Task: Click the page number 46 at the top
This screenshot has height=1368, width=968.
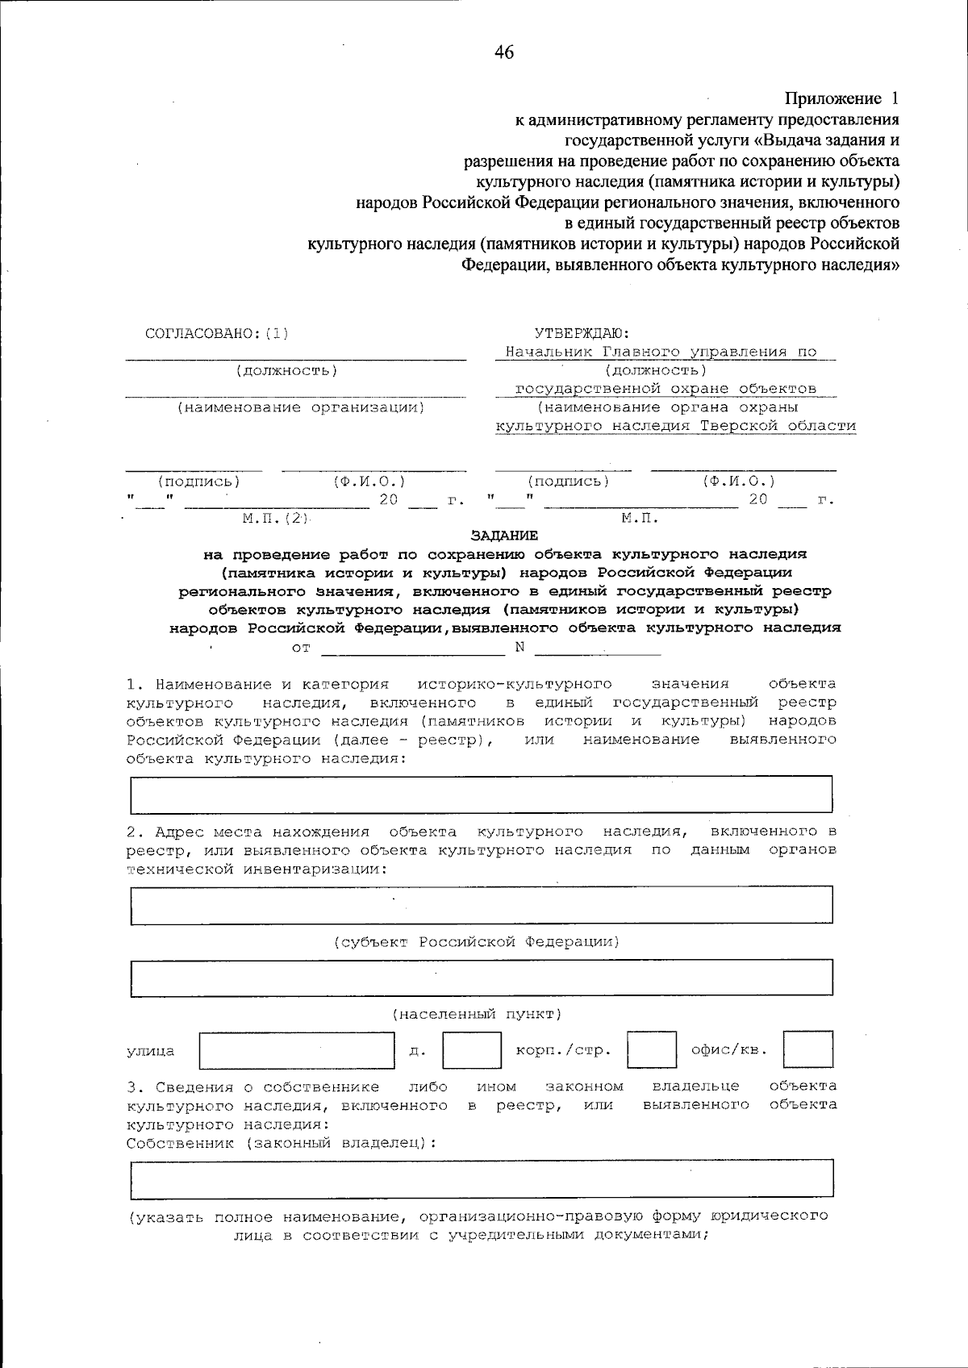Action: (x=504, y=53)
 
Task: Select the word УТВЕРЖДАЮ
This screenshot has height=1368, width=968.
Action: (x=582, y=333)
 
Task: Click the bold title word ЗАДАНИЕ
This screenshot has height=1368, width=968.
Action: (x=504, y=536)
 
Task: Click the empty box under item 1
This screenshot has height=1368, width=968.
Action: (x=481, y=795)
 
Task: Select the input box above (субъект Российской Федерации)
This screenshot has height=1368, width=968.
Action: (x=481, y=905)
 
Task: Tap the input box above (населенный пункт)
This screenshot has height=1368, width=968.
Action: (x=481, y=978)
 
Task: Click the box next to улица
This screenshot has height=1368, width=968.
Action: (x=296, y=1049)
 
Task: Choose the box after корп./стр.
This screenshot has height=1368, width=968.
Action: (x=652, y=1049)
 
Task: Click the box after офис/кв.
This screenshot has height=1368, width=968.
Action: (x=807, y=1049)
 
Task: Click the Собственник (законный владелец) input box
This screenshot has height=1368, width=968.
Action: (x=481, y=1178)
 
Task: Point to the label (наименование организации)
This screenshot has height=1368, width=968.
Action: (x=300, y=408)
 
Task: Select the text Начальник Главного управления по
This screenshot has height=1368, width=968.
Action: (x=661, y=352)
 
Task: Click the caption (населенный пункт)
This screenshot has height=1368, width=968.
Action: (x=477, y=1014)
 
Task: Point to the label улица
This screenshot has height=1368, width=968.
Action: (x=151, y=1052)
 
